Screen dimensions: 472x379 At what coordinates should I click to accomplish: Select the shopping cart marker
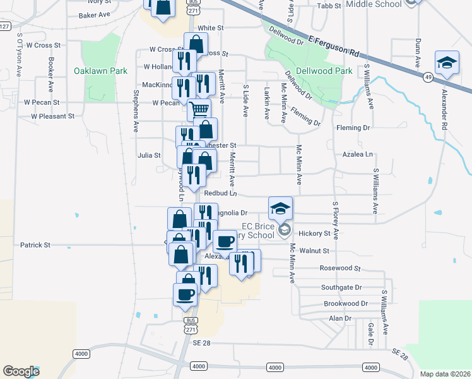coord(199,111)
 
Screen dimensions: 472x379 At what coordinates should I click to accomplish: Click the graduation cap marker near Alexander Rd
coord(446,64)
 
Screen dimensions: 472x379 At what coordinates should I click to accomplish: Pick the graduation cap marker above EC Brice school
coord(281,208)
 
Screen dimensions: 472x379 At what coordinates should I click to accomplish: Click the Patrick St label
coord(35,244)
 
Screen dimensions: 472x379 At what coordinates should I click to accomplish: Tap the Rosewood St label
coord(340,268)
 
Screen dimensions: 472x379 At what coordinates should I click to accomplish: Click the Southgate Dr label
coord(341,287)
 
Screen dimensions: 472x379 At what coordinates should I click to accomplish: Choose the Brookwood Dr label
coord(345,304)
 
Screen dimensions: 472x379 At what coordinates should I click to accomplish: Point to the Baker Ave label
coord(95,14)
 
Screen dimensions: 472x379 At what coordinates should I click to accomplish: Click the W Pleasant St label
coord(52,116)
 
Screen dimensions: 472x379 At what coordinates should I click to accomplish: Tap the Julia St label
coord(150,154)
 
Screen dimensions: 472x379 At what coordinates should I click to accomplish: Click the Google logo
coord(21,371)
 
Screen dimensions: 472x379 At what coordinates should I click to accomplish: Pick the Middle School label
coord(374,4)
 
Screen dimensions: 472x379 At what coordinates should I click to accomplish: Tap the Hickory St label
coord(315,234)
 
